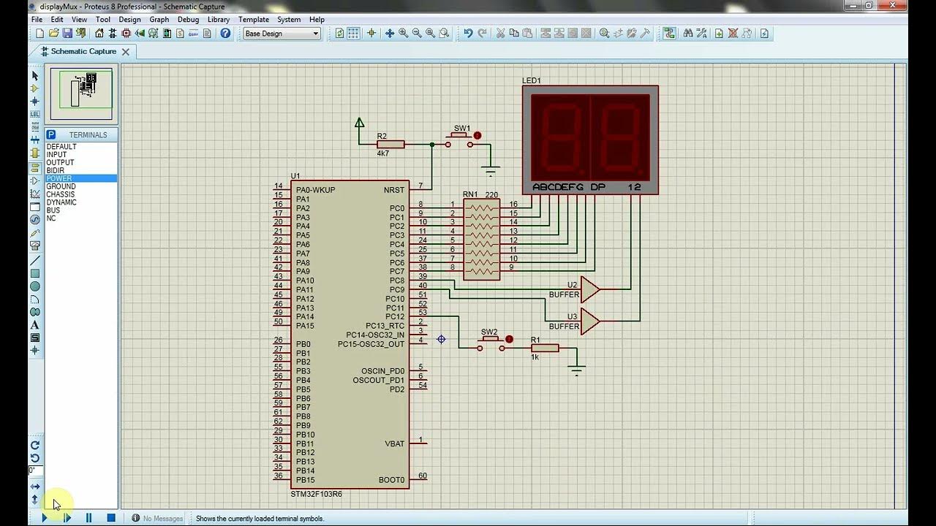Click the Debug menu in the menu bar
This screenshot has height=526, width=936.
[x=188, y=20]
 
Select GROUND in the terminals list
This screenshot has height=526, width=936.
[x=61, y=186]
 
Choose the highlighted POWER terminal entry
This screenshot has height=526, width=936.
[x=59, y=178]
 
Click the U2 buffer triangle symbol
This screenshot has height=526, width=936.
[x=589, y=289]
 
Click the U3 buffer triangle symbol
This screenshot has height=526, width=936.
[x=589, y=321]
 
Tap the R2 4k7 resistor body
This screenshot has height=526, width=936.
[x=390, y=145]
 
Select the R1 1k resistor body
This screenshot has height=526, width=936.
[x=545, y=348]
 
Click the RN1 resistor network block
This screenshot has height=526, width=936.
[x=481, y=240]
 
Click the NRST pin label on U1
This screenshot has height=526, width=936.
[x=393, y=190]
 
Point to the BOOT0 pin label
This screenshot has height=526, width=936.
[x=391, y=480]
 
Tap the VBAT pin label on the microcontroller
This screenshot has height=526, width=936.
[x=394, y=443]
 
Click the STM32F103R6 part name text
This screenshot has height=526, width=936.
[x=316, y=495]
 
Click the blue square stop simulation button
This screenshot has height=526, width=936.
[x=111, y=518]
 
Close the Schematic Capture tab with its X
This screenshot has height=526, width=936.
[x=126, y=52]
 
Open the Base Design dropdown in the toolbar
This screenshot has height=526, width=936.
[x=282, y=34]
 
